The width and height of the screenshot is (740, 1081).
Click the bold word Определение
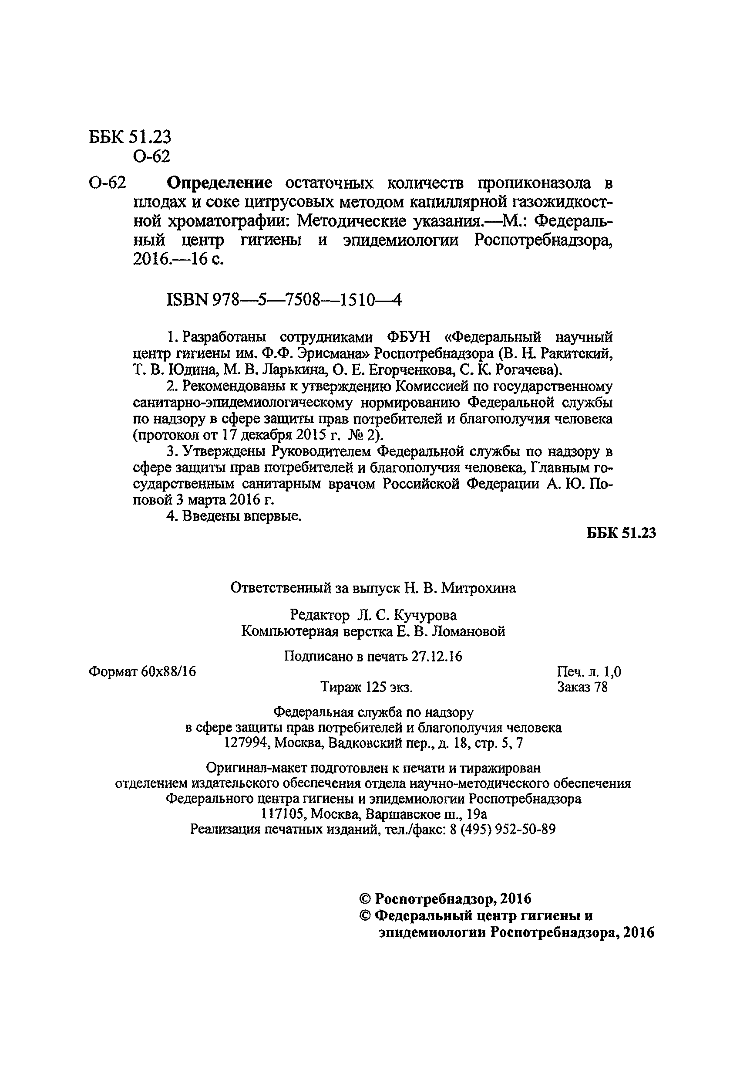(219, 183)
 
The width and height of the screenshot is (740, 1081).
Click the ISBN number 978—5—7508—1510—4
(307, 301)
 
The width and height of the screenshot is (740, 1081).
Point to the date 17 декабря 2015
(265, 435)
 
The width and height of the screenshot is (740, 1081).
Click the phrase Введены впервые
(241, 516)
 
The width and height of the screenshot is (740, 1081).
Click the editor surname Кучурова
(425, 615)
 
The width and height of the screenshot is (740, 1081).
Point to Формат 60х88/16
(142, 671)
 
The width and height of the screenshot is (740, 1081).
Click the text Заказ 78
(582, 687)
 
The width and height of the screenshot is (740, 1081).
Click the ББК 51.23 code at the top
(130, 137)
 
